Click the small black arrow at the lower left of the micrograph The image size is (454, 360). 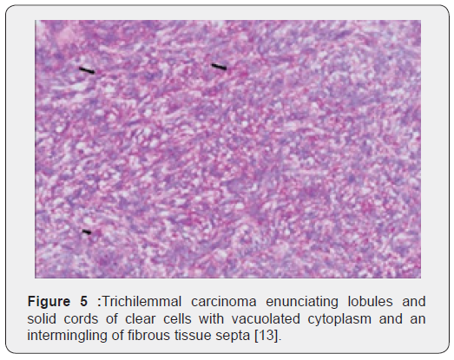(86, 232)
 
